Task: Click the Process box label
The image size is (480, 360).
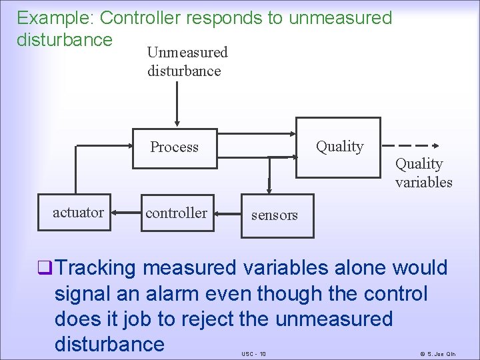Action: coord(174,147)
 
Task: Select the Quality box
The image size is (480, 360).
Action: coord(339,147)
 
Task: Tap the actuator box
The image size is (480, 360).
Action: coord(79,213)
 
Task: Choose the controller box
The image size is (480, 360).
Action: coord(177,213)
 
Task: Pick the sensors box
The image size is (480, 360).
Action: coord(275,215)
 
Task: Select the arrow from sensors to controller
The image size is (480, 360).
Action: coord(229,215)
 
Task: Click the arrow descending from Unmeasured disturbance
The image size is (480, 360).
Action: coord(177,104)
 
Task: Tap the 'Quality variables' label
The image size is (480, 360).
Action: coord(423,173)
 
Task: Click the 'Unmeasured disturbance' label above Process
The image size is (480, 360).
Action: coord(187,61)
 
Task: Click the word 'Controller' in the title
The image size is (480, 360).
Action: coord(142,18)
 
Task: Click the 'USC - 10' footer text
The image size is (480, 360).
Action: coord(253,353)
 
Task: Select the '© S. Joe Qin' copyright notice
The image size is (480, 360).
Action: coord(442,353)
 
